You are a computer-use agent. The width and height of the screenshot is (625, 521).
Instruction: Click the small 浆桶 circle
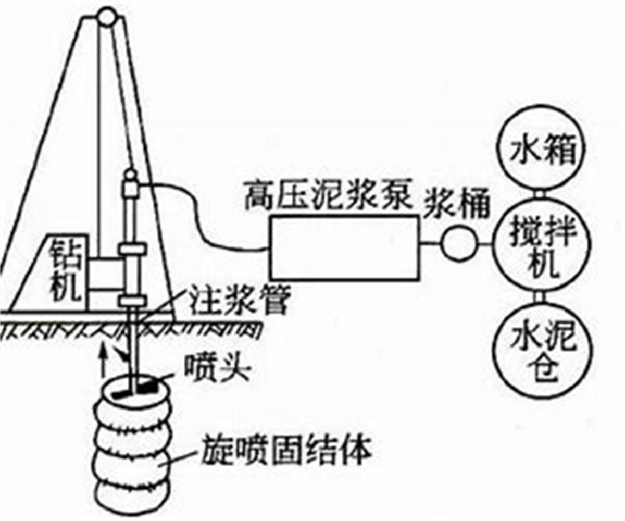(459, 244)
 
